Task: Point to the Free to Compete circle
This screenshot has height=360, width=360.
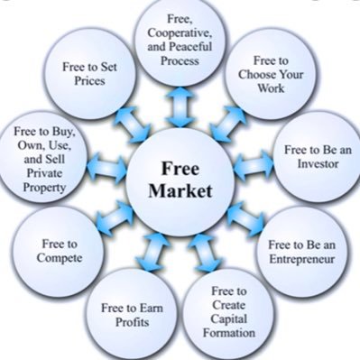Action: (x=60, y=250)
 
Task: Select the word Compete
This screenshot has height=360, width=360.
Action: (x=60, y=257)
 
